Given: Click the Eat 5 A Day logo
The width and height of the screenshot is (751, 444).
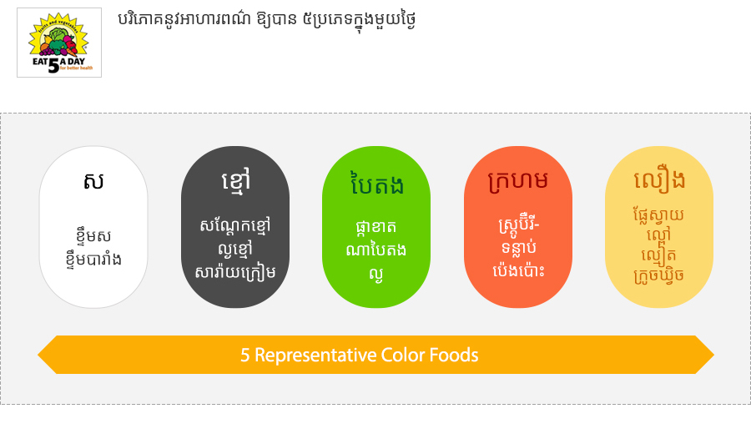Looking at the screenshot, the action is [x=59, y=43].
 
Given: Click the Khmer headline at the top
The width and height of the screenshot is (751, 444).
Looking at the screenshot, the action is [x=266, y=20].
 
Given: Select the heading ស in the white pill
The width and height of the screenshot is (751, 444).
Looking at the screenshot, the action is [x=93, y=181].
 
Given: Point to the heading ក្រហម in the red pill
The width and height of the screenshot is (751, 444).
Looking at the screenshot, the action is [x=517, y=181].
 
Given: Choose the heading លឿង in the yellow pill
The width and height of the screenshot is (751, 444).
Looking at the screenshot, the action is [x=659, y=180].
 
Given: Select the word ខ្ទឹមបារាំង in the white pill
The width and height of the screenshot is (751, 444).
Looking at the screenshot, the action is [x=93, y=259].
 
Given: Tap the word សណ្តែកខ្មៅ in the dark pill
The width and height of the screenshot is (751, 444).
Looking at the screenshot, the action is [x=235, y=225].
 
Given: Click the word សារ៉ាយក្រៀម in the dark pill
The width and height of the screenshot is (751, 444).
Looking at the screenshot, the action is [x=235, y=271].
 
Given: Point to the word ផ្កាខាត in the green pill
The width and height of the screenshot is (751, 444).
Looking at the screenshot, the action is [x=376, y=227].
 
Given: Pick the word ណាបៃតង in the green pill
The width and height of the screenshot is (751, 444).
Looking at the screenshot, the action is [x=376, y=250].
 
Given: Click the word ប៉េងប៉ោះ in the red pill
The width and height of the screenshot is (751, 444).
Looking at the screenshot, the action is [x=518, y=271].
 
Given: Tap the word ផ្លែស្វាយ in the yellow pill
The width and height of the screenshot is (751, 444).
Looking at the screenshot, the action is [x=658, y=215].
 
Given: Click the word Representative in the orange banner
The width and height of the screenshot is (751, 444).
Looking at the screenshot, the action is [x=315, y=356].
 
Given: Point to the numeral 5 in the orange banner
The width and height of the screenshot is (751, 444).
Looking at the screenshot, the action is [x=244, y=355].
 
